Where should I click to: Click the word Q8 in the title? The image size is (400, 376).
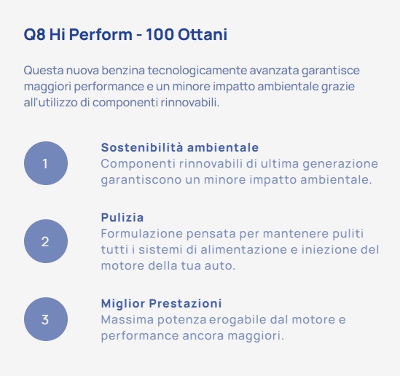pyautogui.click(x=35, y=34)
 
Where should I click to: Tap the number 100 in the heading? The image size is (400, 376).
pyautogui.click(x=160, y=34)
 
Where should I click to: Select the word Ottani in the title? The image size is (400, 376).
pyautogui.click(x=203, y=34)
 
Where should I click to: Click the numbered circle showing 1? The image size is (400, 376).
pyautogui.click(x=46, y=163)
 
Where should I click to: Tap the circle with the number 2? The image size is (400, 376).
pyautogui.click(x=46, y=241)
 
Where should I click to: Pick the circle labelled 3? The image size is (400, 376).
pyautogui.click(x=46, y=319)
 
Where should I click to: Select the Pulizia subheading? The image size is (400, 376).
pyautogui.click(x=122, y=218)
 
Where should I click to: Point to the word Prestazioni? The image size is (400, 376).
pyautogui.click(x=185, y=303)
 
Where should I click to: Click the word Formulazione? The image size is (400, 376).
pyautogui.click(x=141, y=234)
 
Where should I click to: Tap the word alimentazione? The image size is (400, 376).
pyautogui.click(x=243, y=250)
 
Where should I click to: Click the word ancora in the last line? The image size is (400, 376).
pyautogui.click(x=203, y=336)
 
